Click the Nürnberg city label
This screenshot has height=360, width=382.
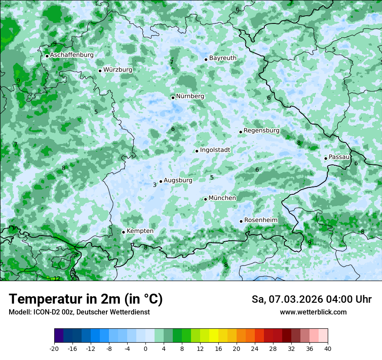[x=190, y=96]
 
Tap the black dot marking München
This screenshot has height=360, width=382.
[x=205, y=199]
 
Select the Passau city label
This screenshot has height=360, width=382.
[x=339, y=157]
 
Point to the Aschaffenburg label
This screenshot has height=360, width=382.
[x=72, y=55]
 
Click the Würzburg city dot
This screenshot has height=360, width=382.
[x=100, y=71]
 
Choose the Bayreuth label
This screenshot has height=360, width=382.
[x=223, y=58]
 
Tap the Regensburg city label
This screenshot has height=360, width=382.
[x=261, y=131]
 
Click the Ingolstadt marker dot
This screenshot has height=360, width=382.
[x=197, y=151]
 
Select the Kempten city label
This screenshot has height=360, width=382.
[x=140, y=231]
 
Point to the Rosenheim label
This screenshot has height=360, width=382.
[x=260, y=220]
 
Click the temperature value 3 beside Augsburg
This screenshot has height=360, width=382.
[x=155, y=185]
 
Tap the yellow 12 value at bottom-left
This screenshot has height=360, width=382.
[x=56, y=278]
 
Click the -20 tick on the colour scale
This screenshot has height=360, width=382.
[x=54, y=348]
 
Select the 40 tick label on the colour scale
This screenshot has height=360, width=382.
[x=327, y=348]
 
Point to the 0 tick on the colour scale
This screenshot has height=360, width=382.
[x=145, y=348]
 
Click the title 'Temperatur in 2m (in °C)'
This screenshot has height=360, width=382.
[x=86, y=299]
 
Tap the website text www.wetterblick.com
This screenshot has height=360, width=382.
[x=313, y=312]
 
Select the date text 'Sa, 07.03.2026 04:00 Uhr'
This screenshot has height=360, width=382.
[x=311, y=299]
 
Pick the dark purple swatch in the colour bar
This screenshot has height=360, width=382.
[x=59, y=336]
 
